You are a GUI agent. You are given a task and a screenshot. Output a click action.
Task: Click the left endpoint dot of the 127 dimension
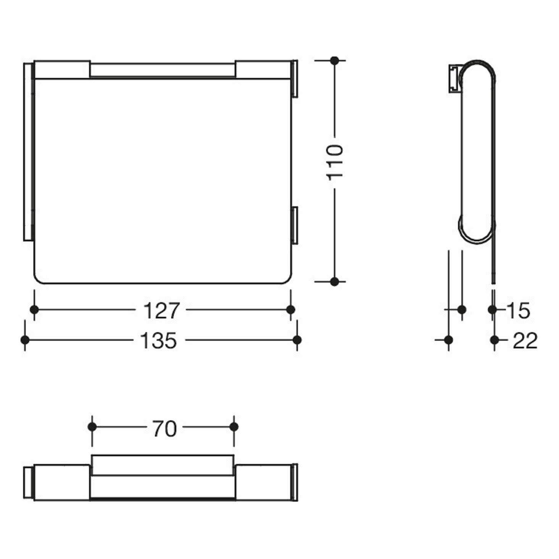click(34, 310)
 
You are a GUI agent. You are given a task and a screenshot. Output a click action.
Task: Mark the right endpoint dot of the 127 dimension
click(290, 310)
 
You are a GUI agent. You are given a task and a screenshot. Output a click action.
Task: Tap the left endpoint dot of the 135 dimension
click(25, 340)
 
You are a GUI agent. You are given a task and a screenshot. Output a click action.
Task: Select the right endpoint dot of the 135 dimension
click(297, 340)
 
